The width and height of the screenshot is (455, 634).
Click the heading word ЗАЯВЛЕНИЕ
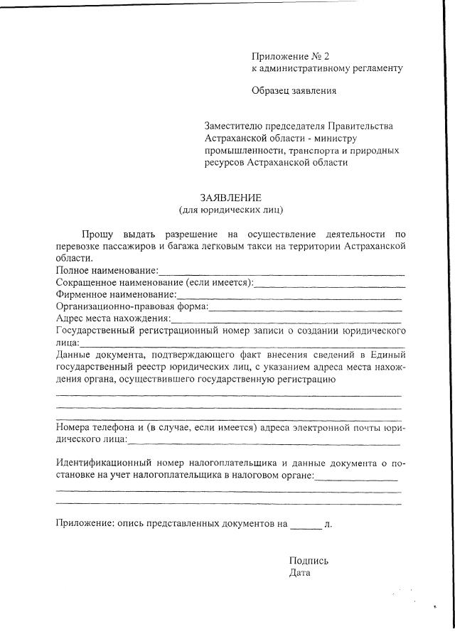coord(231,198)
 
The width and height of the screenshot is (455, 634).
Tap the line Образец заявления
coord(294,90)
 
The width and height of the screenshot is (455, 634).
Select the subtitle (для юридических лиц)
coord(231,210)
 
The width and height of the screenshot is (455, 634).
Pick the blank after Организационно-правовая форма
coord(305,307)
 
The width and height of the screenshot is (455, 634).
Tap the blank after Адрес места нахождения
coord(287,319)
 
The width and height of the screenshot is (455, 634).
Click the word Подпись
coord(309,561)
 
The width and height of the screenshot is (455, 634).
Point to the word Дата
coord(300,573)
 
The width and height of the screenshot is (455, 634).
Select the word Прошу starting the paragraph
coord(97,233)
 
